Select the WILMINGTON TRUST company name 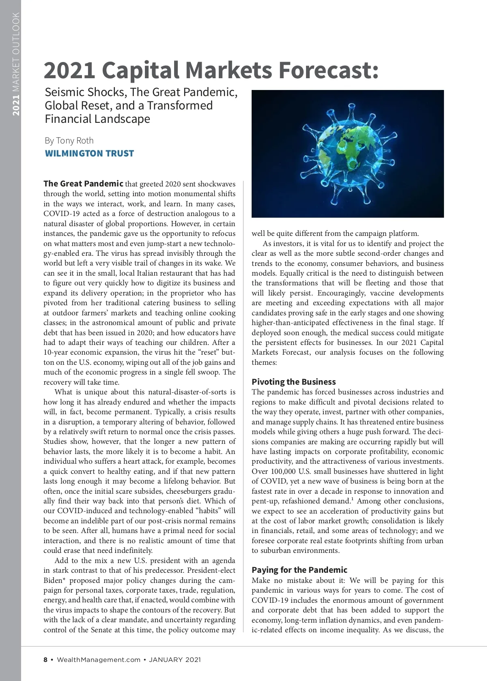pos(89,153)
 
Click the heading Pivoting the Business pos(293,382)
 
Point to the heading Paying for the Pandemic pos(300,570)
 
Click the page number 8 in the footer pos(45,660)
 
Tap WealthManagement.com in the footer pos(99,660)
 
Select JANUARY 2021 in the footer pos(175,660)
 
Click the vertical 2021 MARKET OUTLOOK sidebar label pos(16,64)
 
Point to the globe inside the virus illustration pos(347,154)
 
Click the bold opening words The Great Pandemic pos(83,184)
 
